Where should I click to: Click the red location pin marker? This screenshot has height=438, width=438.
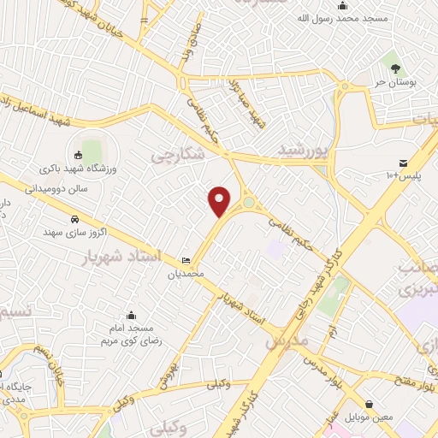coord(220,200)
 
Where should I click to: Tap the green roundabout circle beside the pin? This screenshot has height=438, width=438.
coord(249,204)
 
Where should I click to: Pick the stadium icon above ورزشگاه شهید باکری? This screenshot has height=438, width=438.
coord(79,155)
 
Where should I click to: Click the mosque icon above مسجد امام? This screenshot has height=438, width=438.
coord(131,315)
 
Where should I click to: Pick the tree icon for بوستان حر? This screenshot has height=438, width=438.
coord(394,67)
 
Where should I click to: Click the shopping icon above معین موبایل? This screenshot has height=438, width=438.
coord(369,404)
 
